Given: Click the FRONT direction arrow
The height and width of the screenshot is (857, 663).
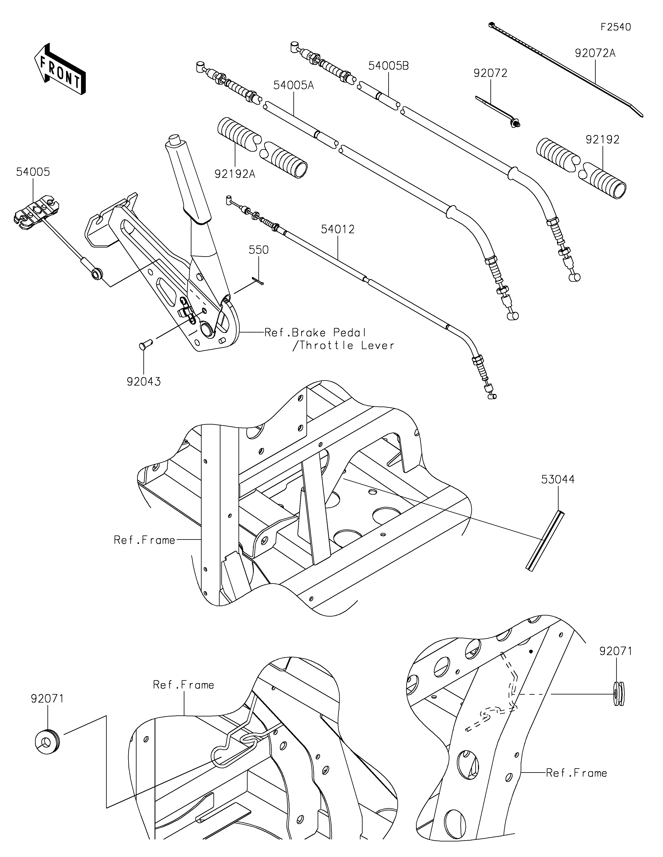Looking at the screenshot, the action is (x=60, y=68).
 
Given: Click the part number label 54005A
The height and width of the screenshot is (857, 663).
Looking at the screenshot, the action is (x=294, y=85).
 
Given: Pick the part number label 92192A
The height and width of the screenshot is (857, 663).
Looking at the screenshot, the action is (x=235, y=174).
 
